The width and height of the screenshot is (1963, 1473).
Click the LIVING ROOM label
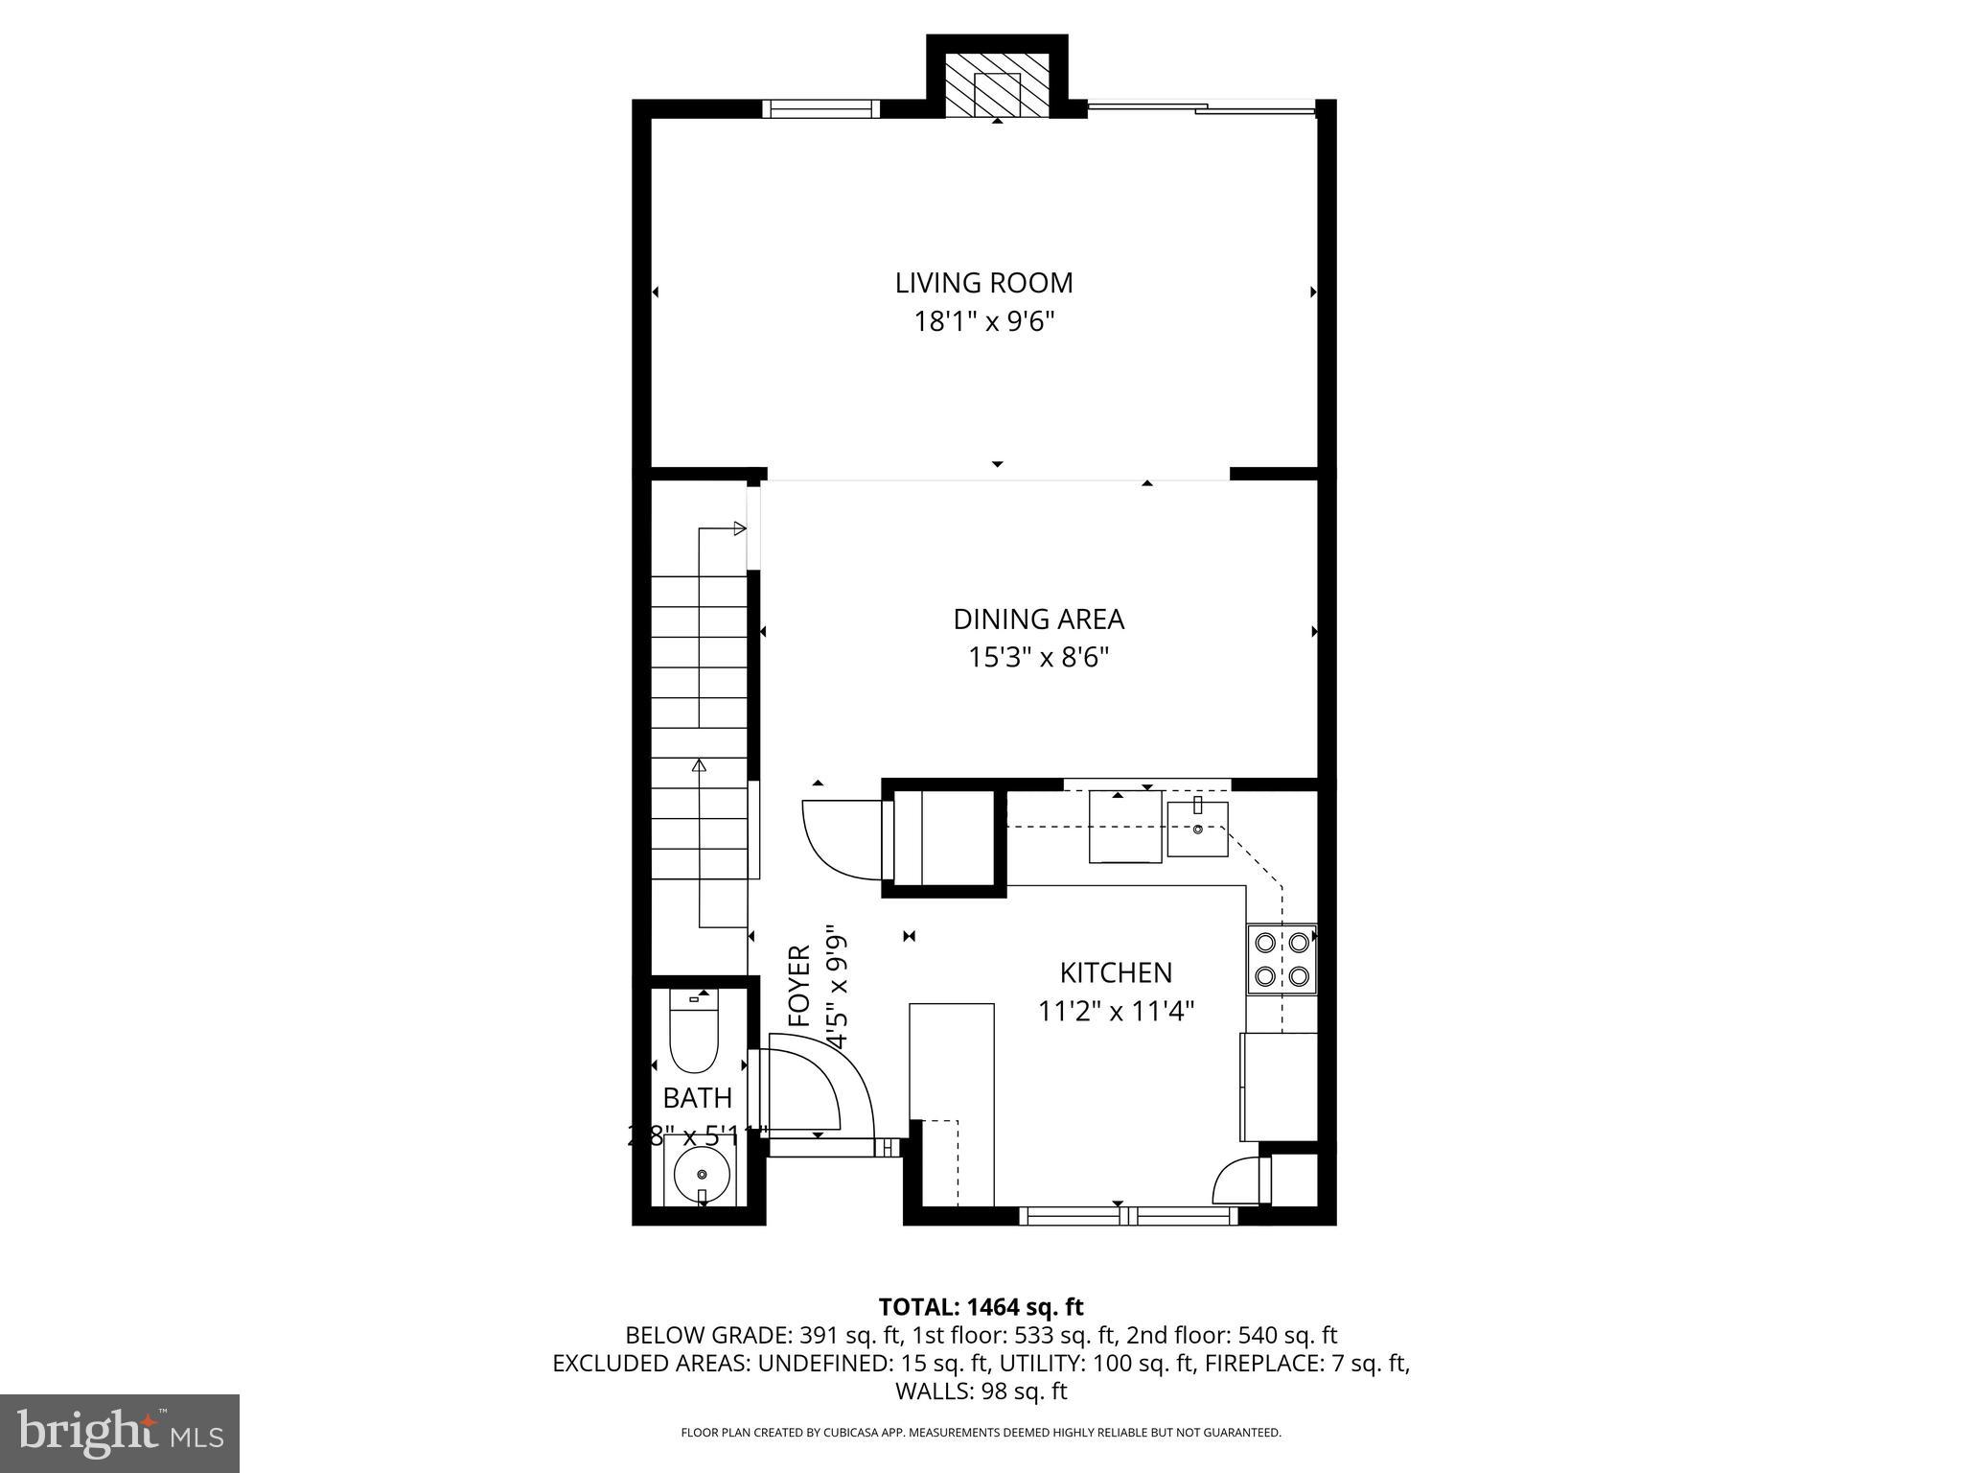(x=983, y=283)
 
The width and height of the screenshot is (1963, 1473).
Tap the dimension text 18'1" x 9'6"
(x=983, y=321)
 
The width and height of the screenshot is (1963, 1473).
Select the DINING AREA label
(x=1038, y=620)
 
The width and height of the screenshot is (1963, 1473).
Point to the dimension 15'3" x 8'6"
(x=1038, y=658)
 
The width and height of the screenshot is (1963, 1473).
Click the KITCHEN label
(x=1116, y=972)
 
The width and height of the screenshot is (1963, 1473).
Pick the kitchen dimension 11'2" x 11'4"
(x=1116, y=1011)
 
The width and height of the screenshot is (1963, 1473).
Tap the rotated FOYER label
(x=799, y=986)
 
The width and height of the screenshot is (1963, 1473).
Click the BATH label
(x=697, y=1097)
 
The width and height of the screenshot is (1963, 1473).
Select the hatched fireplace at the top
(x=997, y=84)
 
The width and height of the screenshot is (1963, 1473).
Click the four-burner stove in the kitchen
(x=1282, y=959)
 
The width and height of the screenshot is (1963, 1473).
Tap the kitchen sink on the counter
(x=1197, y=829)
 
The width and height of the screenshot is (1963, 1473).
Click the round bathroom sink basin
(x=702, y=1174)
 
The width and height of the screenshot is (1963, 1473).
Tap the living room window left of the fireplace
(x=820, y=109)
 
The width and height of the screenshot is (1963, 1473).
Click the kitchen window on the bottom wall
(x=1127, y=1216)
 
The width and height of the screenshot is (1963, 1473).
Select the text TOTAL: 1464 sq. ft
(x=981, y=1306)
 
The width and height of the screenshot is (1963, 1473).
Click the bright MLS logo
(x=120, y=1432)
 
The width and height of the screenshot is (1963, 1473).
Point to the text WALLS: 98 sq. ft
(x=981, y=1391)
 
